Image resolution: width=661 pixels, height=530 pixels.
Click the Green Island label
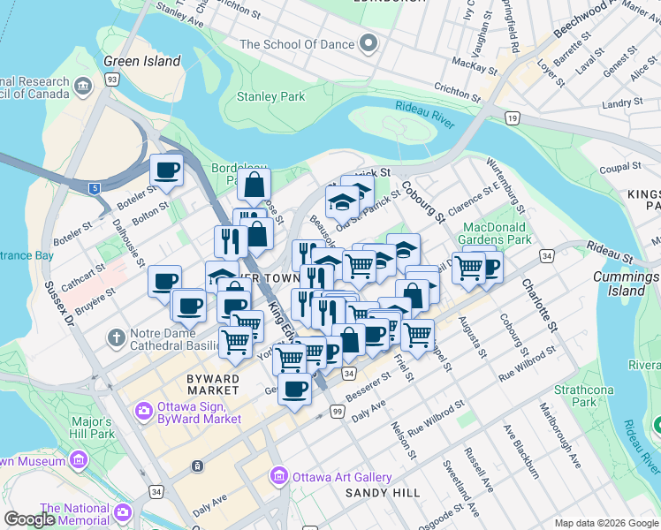coord(141,61)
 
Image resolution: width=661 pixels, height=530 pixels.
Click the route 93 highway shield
coord(112,79)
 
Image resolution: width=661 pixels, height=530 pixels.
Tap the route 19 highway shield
coord(512,117)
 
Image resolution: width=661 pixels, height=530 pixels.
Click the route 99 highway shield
coord(337,412)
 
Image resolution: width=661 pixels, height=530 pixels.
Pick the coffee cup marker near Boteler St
coord(166,169)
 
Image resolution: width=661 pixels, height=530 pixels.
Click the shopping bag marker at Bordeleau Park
coord(254,184)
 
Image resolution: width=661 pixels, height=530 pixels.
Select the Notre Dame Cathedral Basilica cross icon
coord(116,337)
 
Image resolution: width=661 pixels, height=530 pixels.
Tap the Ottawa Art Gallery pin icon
coord(279,477)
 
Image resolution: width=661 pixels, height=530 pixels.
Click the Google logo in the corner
coord(29,519)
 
